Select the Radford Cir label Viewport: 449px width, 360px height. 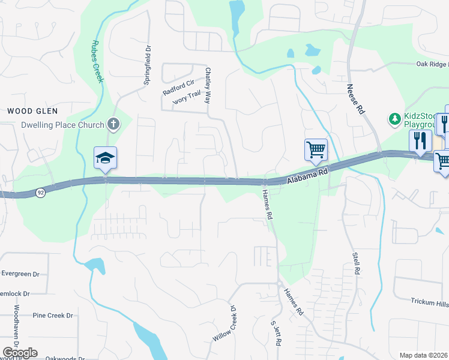pos(179,88)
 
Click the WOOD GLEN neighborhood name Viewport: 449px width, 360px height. pos(32,111)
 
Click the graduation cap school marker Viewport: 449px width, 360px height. pos(105,158)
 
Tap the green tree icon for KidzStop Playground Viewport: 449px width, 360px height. pos(395,119)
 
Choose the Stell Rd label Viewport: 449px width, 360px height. pos(356,263)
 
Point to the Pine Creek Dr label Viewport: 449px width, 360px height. pos(52,315)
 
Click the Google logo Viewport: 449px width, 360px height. pos(20,353)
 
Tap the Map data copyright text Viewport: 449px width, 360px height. pos(424,355)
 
